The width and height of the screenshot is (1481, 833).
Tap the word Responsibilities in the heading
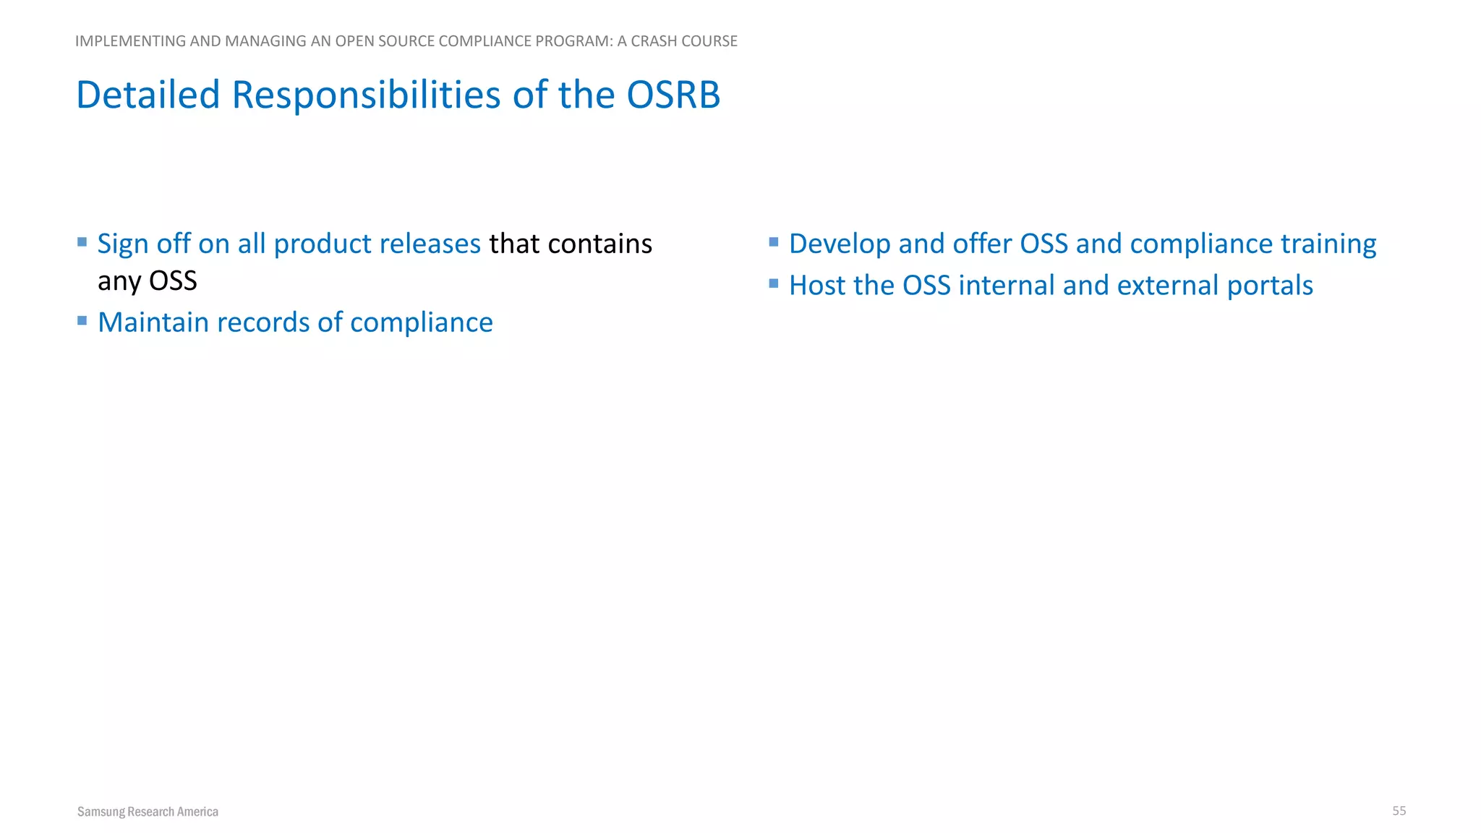(x=366, y=95)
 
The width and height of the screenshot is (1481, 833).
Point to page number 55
(x=1399, y=811)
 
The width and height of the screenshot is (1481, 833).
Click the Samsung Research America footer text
(x=148, y=811)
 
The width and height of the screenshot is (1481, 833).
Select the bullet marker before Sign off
(x=82, y=242)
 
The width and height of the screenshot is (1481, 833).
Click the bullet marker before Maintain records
(x=82, y=320)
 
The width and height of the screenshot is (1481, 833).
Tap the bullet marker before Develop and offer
(x=774, y=242)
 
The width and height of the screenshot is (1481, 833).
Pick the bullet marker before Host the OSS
(x=774, y=283)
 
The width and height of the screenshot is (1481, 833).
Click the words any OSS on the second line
(x=148, y=281)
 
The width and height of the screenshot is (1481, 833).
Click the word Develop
(x=839, y=244)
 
